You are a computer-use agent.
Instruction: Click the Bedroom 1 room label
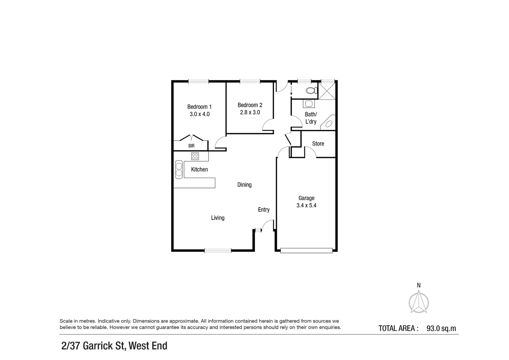pyautogui.click(x=199, y=107)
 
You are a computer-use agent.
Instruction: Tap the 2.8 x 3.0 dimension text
pyautogui.click(x=250, y=112)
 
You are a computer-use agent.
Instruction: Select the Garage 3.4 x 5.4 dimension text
pyautogui.click(x=306, y=205)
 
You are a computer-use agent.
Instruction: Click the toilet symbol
pyautogui.click(x=312, y=91)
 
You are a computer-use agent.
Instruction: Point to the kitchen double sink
pyautogui.click(x=179, y=169)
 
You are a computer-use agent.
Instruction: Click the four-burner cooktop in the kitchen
pyautogui.click(x=195, y=156)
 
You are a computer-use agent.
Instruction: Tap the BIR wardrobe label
pyautogui.click(x=191, y=146)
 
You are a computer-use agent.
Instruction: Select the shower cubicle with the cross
pyautogui.click(x=327, y=91)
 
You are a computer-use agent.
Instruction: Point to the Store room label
pyautogui.click(x=318, y=143)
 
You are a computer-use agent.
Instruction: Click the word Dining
pyautogui.click(x=244, y=185)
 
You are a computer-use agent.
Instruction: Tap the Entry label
pyautogui.click(x=263, y=210)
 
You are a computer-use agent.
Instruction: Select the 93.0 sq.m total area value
pyautogui.click(x=441, y=329)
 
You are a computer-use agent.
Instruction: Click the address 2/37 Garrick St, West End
pyautogui.click(x=114, y=346)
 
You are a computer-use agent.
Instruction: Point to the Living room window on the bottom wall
pyautogui.click(x=218, y=251)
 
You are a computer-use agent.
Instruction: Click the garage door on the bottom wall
pyautogui.click(x=306, y=251)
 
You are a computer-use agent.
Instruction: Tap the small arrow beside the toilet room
pyautogui.click(x=291, y=89)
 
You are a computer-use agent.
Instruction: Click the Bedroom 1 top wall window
pyautogui.click(x=199, y=81)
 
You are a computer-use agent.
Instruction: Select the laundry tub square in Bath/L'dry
pyautogui.click(x=308, y=104)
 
